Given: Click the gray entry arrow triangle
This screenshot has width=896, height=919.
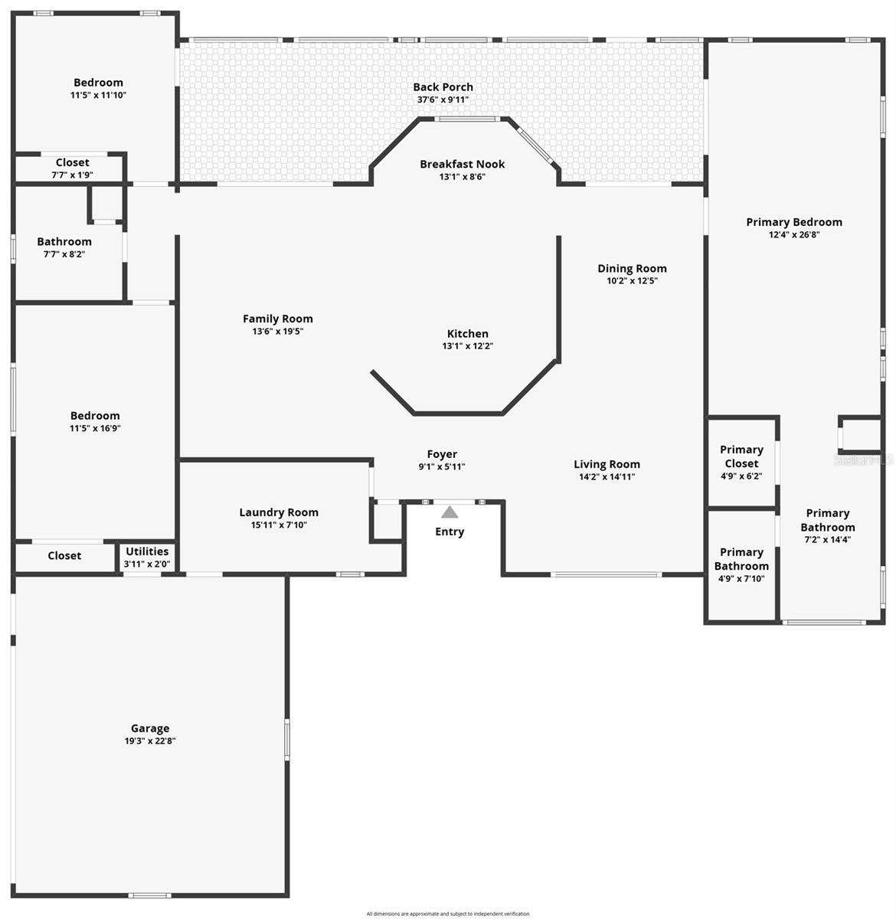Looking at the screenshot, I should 450,512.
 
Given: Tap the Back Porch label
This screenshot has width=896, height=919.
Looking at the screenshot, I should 443,87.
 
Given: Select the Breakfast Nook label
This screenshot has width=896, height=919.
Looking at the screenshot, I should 462,164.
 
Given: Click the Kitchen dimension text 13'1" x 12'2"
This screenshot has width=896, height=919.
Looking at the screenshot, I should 467,346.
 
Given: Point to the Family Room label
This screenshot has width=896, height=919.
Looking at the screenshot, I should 277,319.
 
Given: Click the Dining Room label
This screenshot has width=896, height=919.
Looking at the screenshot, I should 632,268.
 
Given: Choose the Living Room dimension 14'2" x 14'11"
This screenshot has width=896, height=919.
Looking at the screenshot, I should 607,477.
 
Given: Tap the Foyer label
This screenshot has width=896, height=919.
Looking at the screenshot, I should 442,454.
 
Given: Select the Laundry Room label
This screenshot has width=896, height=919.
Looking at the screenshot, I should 279,512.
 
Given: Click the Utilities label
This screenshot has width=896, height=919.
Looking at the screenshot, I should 146,551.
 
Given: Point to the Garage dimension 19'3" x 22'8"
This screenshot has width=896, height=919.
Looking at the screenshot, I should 150,741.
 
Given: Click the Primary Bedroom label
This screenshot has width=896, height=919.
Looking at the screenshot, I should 793,222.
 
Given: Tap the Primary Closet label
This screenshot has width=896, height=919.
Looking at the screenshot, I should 741,456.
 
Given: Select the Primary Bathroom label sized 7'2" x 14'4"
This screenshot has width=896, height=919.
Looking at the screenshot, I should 827,520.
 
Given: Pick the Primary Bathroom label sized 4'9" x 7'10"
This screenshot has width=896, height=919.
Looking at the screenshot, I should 741,559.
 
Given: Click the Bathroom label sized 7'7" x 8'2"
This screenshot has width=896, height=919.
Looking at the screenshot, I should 64,242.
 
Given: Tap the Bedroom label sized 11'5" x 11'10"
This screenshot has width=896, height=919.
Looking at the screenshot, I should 98,83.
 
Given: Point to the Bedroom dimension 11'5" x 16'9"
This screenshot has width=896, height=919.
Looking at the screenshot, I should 95,429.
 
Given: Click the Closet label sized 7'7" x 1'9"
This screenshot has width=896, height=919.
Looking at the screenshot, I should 72,162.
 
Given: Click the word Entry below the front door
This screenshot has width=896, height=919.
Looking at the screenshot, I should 450,531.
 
